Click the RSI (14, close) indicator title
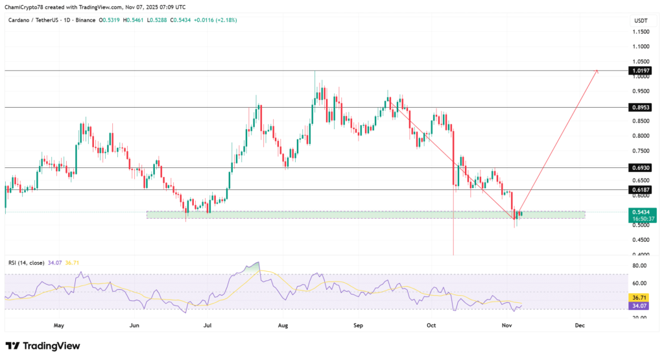[x=26, y=263]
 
